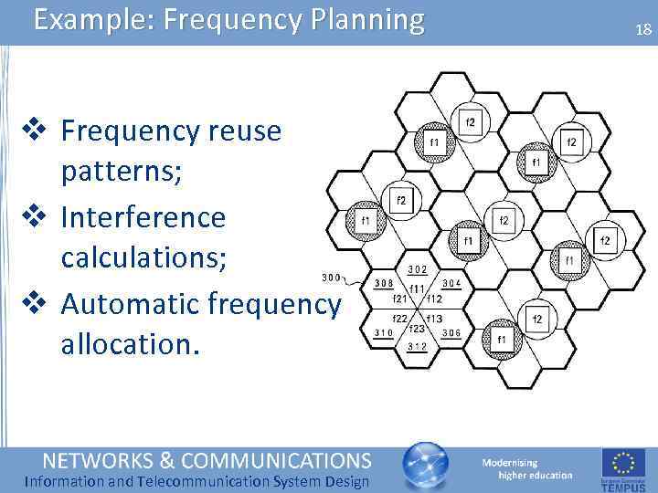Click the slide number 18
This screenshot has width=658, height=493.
click(x=643, y=30)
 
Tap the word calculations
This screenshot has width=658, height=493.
click(x=143, y=260)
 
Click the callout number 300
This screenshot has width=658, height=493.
click(x=332, y=278)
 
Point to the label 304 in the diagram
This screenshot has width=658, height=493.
click(x=451, y=284)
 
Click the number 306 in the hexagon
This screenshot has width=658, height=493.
click(x=451, y=332)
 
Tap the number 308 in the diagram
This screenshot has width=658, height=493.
click(x=384, y=284)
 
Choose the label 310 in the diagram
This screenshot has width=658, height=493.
click(x=384, y=332)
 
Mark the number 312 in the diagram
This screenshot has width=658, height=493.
click(x=417, y=346)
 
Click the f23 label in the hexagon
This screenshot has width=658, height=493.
click(x=417, y=328)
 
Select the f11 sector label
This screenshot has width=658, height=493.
click(x=417, y=288)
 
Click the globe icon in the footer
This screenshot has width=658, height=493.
click(x=426, y=467)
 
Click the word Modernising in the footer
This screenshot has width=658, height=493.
click(x=510, y=463)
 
